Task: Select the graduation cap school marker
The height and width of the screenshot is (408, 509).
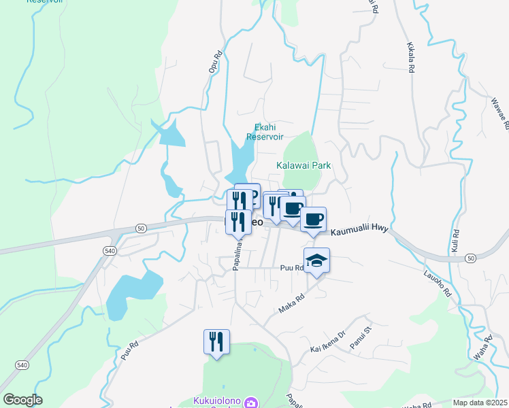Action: click(316, 261)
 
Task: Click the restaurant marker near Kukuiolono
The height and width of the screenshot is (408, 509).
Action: click(216, 342)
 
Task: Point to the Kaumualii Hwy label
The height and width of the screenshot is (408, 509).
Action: click(359, 232)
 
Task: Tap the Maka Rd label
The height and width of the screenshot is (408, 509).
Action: click(294, 303)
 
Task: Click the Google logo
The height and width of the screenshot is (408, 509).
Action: click(22, 400)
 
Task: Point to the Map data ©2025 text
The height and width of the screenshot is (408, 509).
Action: click(480, 403)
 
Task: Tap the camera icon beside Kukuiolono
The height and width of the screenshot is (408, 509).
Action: click(251, 403)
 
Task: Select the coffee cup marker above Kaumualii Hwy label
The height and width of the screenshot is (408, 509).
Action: click(313, 220)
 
